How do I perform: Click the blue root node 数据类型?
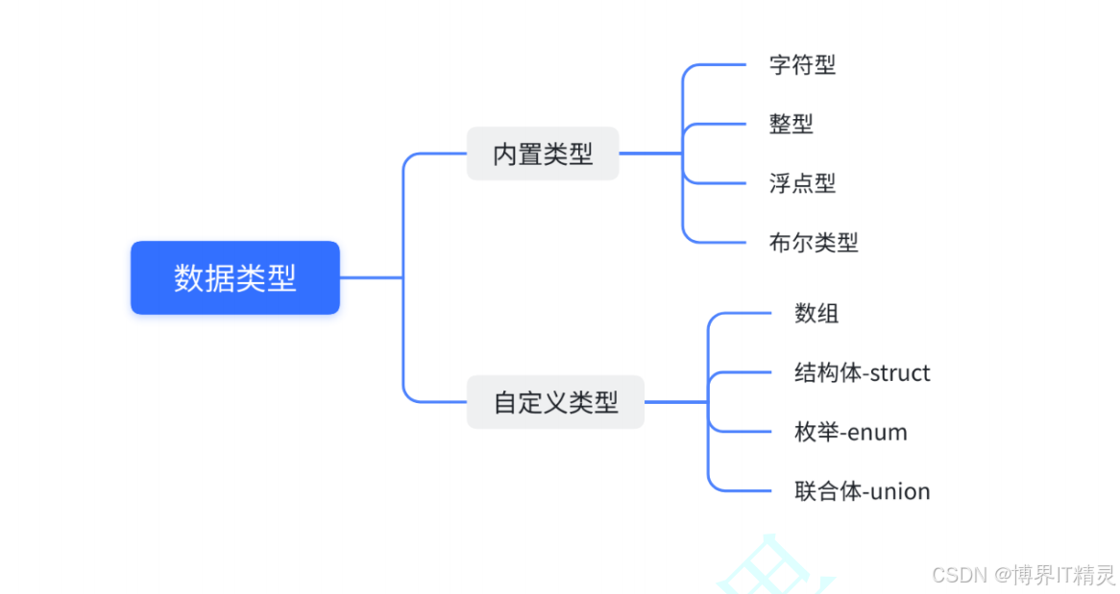(x=235, y=277)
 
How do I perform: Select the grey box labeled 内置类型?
(x=543, y=154)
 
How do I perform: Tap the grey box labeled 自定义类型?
(x=555, y=402)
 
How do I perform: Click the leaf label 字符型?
(x=802, y=65)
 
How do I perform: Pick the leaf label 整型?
(x=791, y=124)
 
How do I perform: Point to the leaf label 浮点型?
(x=802, y=183)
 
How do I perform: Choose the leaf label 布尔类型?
(x=814, y=243)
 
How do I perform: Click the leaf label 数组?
(x=816, y=313)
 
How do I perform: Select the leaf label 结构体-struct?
(x=862, y=372)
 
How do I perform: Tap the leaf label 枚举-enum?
(x=850, y=432)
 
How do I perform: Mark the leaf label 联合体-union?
(x=862, y=491)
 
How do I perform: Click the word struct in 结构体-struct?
(x=899, y=373)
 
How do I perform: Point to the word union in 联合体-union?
(x=900, y=492)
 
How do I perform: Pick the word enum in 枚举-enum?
(x=877, y=433)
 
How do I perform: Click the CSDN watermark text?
(x=1024, y=574)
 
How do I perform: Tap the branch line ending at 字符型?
(x=720, y=65)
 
